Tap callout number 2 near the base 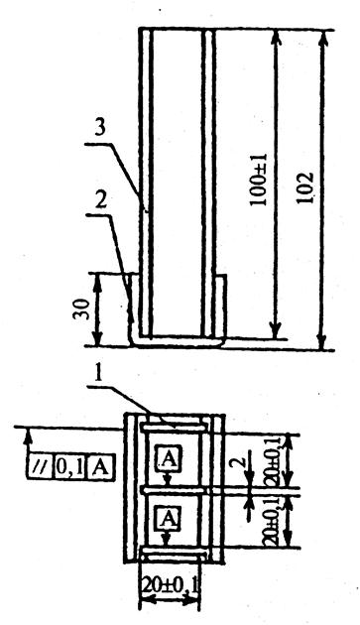tap(101, 201)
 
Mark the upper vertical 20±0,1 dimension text tap(275, 460)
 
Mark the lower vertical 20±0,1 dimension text tap(272, 521)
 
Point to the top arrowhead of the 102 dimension tap(323, 39)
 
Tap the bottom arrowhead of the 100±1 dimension tap(276, 330)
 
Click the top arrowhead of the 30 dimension tap(97, 282)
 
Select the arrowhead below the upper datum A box tap(169, 480)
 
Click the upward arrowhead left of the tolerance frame tap(28, 436)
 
